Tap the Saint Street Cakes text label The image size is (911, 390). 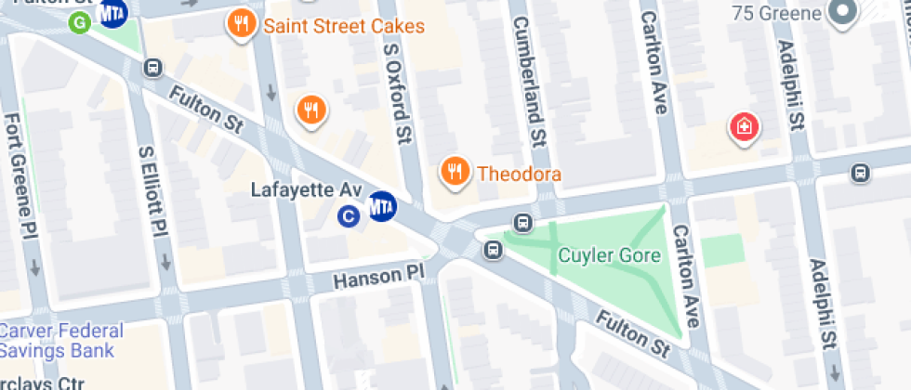344,26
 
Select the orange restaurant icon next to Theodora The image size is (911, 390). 454,171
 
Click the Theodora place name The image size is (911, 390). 520,174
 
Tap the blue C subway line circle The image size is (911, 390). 349,217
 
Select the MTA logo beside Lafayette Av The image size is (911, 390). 382,205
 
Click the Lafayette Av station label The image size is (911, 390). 306,189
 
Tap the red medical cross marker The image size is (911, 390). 744,125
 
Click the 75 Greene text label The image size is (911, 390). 777,13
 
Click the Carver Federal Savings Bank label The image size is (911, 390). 61,341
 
